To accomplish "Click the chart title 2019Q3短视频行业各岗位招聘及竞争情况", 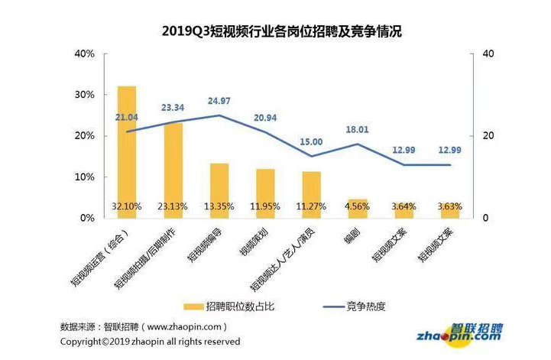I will [281, 31].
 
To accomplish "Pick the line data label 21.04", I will [127, 117].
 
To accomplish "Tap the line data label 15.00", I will [312, 142].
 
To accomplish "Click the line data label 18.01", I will [357, 130].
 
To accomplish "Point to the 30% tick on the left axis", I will [84, 95].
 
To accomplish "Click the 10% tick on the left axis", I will [84, 177].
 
